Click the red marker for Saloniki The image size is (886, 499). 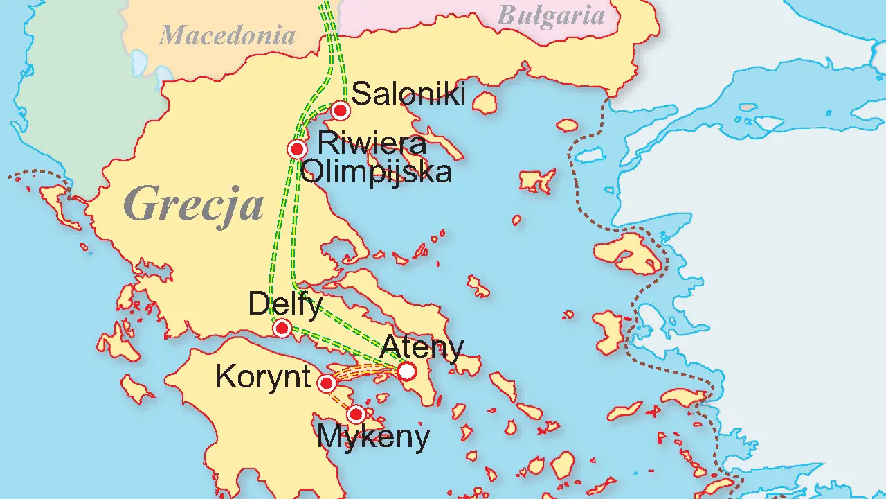(340, 111)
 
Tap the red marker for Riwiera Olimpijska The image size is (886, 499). (298, 149)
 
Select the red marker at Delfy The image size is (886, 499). (282, 329)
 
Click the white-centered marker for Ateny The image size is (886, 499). (407, 371)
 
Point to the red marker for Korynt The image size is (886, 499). (327, 383)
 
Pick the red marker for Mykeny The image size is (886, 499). (356, 414)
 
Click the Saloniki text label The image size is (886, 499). (408, 94)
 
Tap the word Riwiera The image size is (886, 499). (371, 144)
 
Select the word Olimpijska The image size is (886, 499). (377, 172)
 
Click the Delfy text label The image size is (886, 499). (285, 304)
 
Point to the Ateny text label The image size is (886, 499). (422, 347)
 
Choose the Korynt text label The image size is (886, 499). (263, 377)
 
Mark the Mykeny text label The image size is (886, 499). (373, 437)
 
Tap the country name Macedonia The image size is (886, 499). (227, 35)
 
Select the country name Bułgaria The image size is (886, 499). (551, 15)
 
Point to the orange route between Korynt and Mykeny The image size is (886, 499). (341, 399)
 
